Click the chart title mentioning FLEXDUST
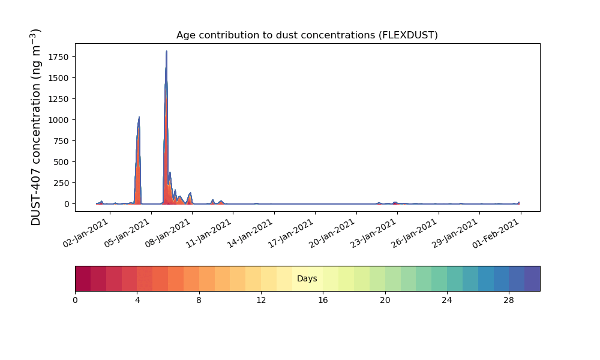click(307, 35)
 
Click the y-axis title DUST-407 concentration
click(35, 127)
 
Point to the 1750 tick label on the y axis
click(59, 57)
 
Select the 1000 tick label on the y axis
click(59, 120)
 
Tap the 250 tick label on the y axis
click(61, 183)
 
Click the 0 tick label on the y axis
click(67, 204)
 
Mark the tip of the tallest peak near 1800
click(166, 51)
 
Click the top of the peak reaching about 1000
click(139, 117)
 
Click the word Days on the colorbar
click(307, 279)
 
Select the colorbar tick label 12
click(261, 301)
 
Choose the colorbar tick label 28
click(509, 301)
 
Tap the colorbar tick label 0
click(75, 301)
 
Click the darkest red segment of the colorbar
click(83, 278)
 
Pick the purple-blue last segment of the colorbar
click(532, 278)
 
